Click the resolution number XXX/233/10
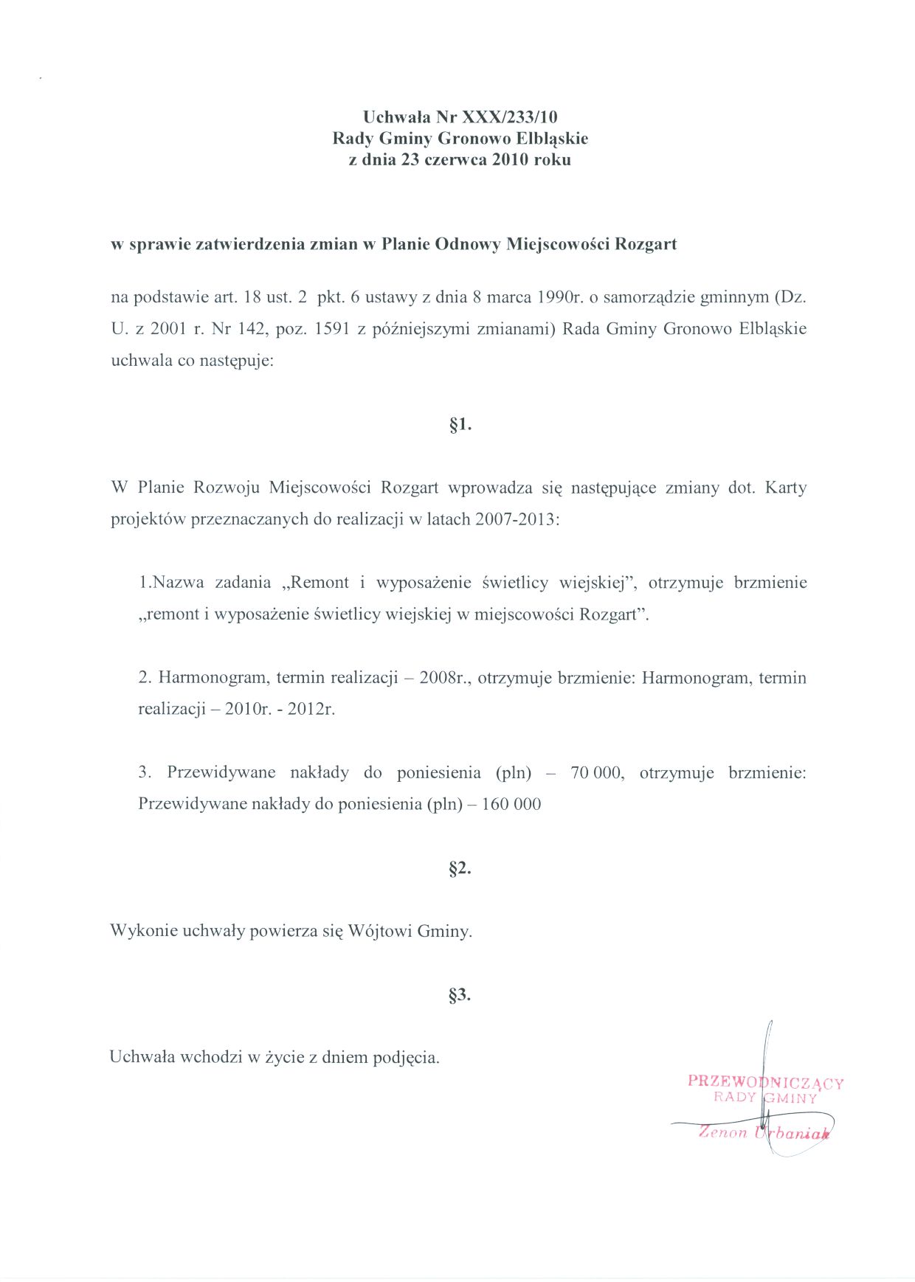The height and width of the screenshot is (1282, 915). click(510, 117)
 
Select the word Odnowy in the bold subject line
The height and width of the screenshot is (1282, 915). click(468, 244)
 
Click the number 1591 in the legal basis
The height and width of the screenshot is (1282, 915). click(331, 329)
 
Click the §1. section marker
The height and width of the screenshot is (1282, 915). click(460, 424)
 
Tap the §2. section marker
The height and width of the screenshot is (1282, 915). click(460, 867)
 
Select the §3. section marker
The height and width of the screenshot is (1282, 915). click(460, 994)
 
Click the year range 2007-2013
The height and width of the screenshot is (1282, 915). click(517, 519)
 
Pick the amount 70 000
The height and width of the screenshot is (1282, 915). click(596, 772)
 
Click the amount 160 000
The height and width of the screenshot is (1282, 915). click(511, 804)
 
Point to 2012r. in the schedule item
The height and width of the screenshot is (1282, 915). click(311, 709)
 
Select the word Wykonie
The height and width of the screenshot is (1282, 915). click(143, 931)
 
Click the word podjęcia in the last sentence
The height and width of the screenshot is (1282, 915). click(406, 1057)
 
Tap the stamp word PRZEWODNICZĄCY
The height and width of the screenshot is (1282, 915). click(765, 1082)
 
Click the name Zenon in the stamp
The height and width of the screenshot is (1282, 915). click(723, 1132)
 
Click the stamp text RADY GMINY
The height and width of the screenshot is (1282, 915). click(765, 1098)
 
